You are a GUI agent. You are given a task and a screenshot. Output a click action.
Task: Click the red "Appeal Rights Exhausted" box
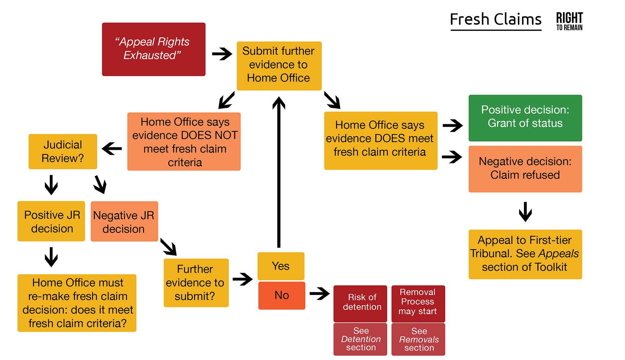click(x=153, y=49)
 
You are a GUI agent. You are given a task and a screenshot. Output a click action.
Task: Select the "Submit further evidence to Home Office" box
click(x=279, y=66)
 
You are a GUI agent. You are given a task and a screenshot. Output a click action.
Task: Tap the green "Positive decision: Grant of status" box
click(x=525, y=118)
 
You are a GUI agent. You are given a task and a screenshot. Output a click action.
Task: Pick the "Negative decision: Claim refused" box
click(x=525, y=169)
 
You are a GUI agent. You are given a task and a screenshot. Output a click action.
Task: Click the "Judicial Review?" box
click(x=63, y=152)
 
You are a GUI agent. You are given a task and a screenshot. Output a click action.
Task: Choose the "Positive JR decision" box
click(x=51, y=221)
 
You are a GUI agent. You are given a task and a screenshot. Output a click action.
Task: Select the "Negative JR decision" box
click(x=124, y=221)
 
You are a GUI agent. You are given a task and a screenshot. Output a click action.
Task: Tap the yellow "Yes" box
click(x=281, y=266)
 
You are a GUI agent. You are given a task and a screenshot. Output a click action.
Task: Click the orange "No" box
click(x=282, y=296)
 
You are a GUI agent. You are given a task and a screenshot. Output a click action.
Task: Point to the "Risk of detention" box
click(x=360, y=303)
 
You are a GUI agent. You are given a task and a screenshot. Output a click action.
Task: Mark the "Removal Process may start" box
click(x=418, y=303)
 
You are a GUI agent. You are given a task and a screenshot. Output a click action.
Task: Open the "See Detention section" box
click(x=360, y=339)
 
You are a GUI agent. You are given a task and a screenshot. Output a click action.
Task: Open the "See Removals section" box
click(x=418, y=339)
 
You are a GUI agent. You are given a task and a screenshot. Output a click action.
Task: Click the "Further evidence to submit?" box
click(x=196, y=283)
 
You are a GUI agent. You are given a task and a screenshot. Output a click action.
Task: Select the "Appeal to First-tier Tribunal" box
click(x=525, y=254)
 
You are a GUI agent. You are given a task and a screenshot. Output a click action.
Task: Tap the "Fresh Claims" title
click(x=496, y=20)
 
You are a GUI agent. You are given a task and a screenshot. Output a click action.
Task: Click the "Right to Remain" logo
click(x=569, y=21)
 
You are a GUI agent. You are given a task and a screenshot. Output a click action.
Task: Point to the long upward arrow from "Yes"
click(x=279, y=173)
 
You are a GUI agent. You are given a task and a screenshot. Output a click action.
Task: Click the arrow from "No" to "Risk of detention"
click(x=319, y=293)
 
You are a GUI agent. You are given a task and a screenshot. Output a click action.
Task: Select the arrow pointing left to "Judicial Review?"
click(x=112, y=148)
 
